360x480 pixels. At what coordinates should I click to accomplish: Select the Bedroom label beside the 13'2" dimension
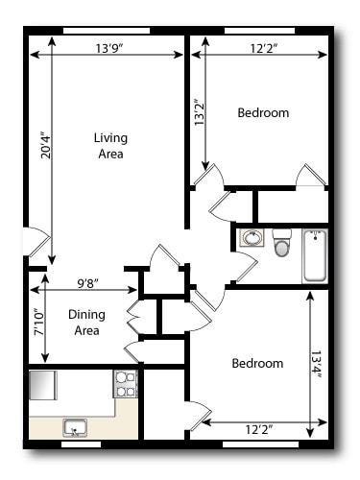point(262,113)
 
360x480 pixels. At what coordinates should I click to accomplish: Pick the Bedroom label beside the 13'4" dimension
point(257,364)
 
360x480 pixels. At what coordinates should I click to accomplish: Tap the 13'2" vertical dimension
point(199,113)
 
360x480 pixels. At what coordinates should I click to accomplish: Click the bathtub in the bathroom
point(315,255)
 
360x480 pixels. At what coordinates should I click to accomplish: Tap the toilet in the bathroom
point(281,243)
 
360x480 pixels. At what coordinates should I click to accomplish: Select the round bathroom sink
point(252,238)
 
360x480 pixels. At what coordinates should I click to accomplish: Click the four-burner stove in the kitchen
point(126,384)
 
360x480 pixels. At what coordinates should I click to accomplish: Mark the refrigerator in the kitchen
point(44,384)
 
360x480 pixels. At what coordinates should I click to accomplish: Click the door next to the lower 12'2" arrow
point(200,416)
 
